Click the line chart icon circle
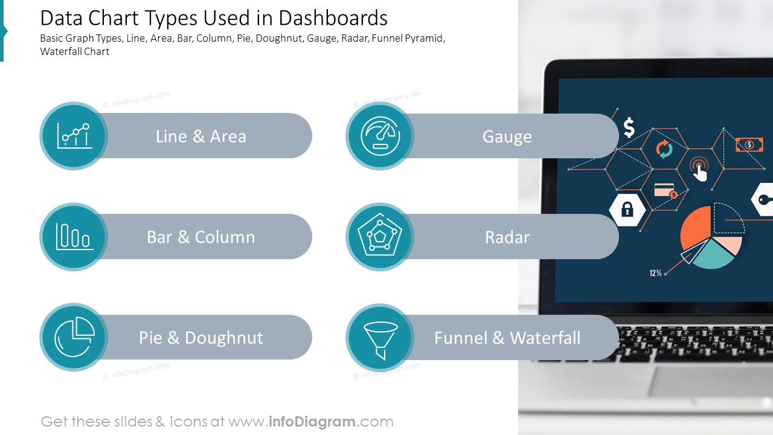(x=74, y=136)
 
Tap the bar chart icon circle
(x=74, y=237)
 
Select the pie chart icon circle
(x=74, y=337)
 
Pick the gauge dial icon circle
(x=380, y=136)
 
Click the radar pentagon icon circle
(x=380, y=237)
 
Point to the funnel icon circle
(x=380, y=337)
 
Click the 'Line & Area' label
(x=201, y=137)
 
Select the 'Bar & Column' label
(x=201, y=237)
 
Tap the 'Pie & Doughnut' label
(x=201, y=338)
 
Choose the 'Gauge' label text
(x=507, y=137)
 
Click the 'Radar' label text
(x=507, y=237)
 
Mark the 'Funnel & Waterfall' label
(x=507, y=338)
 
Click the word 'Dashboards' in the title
(x=333, y=18)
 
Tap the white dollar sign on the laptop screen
(x=629, y=127)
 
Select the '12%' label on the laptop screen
(x=655, y=273)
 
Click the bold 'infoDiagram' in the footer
(x=310, y=422)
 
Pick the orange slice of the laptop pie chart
(x=694, y=227)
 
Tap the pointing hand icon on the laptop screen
(x=699, y=170)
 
